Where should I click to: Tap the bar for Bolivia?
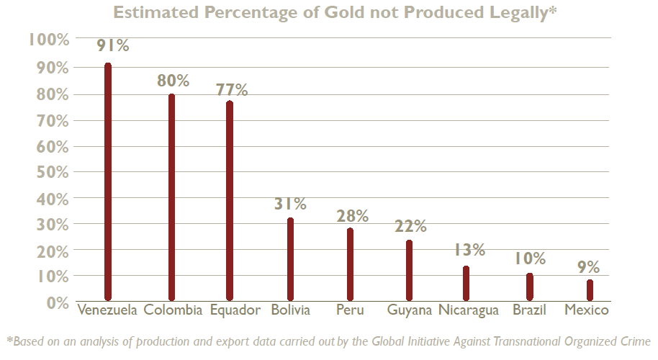click(290, 259)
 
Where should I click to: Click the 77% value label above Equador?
click(232, 90)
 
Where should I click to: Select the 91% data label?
click(113, 45)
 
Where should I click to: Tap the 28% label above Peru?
click(353, 216)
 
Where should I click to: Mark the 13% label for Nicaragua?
click(469, 251)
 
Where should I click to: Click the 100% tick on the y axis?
click(48, 40)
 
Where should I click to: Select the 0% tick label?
click(56, 302)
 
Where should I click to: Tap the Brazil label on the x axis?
click(529, 311)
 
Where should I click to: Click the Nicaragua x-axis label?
click(469, 311)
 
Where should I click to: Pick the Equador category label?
click(235, 311)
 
